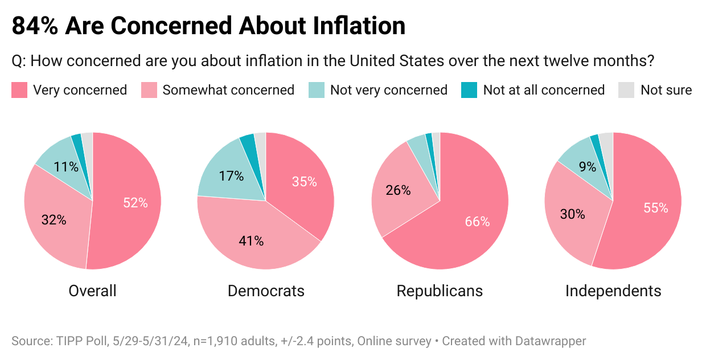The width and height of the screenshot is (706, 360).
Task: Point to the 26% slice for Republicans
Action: pos(399,191)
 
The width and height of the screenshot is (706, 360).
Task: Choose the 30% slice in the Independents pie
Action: pos(572,214)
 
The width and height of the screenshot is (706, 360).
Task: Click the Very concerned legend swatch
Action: pos(19,90)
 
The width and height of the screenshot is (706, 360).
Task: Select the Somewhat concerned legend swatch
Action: pos(149,90)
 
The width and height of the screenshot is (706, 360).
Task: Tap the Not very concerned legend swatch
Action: pos(317,90)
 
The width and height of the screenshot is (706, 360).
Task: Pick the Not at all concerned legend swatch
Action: pos(469,90)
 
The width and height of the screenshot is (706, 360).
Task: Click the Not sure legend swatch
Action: pos(626,90)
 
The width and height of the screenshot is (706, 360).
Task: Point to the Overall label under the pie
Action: pos(92,291)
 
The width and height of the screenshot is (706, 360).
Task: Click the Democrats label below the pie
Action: pos(266,291)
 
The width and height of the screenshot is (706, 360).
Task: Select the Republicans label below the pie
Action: pos(440,291)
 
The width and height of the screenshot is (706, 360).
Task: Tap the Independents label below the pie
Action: pos(613,291)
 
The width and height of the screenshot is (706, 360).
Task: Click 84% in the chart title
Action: pos(34,26)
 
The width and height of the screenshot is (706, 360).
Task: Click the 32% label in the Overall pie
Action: pos(54,219)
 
